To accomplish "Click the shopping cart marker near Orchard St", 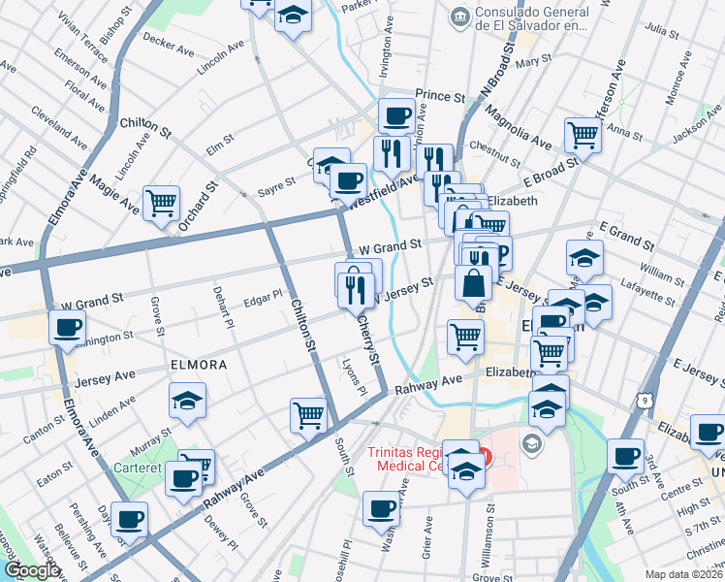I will (x=161, y=203).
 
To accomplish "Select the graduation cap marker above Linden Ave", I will (x=188, y=399).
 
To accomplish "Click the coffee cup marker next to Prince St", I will (x=395, y=115).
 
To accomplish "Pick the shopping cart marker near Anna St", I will (x=583, y=135).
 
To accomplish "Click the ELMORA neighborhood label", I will (x=199, y=366).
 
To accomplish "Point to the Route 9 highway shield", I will (x=645, y=398).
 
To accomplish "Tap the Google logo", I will (x=32, y=570).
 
